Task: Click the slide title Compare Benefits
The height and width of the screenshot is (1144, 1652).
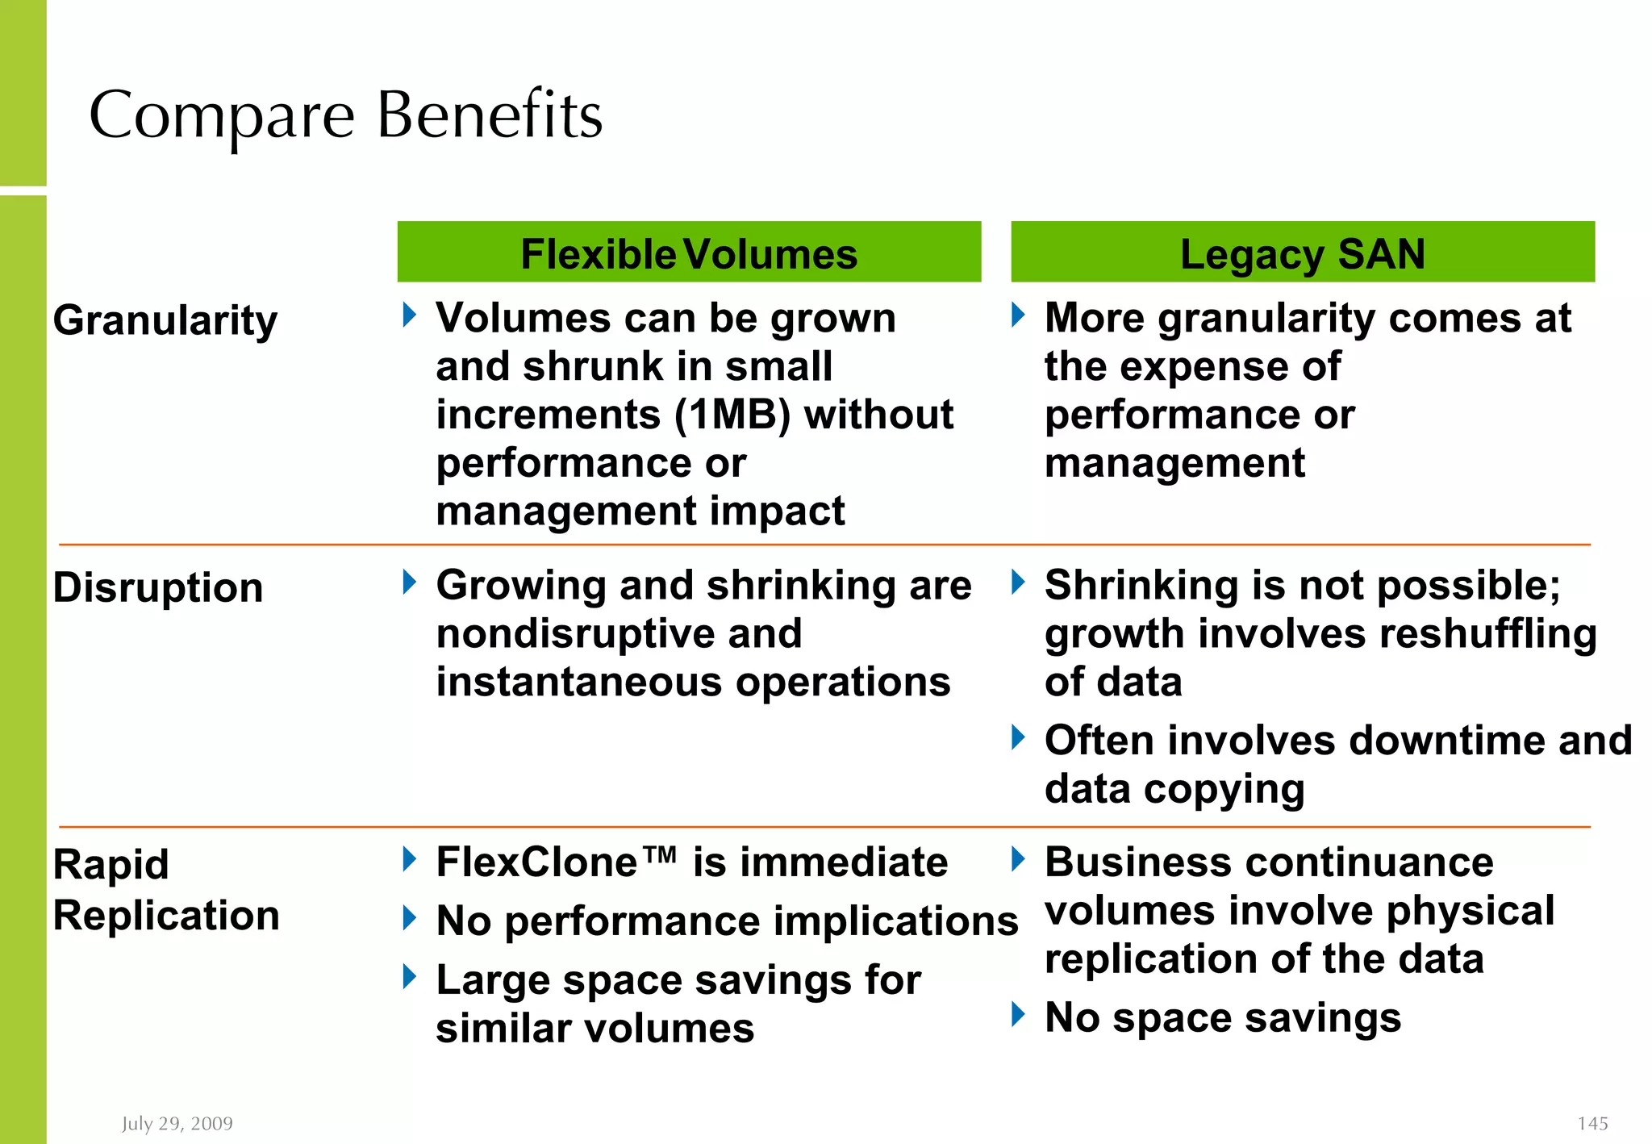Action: pos(345,115)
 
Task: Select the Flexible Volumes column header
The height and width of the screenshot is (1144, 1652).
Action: pos(689,254)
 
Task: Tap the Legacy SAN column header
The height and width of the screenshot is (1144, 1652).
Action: pos(1302,254)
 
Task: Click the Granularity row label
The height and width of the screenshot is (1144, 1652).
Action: pos(165,320)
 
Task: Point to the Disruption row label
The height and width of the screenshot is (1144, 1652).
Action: pos(158,587)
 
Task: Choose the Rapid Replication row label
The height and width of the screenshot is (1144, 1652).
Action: pos(166,890)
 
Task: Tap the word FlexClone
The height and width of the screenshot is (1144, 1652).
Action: pos(537,862)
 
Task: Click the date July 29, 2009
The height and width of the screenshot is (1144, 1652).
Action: pos(177,1123)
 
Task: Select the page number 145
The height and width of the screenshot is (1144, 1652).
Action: pos(1592,1123)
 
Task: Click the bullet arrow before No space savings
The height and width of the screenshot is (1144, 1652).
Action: pos(1018,1014)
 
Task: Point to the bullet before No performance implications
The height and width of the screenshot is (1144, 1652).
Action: pos(410,917)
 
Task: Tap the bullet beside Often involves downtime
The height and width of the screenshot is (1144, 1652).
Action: pos(1018,737)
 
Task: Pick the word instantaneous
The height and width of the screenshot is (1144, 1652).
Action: pos(578,682)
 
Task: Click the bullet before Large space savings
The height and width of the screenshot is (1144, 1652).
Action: pos(410,977)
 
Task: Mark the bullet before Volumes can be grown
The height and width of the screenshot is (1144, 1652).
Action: pos(410,315)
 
